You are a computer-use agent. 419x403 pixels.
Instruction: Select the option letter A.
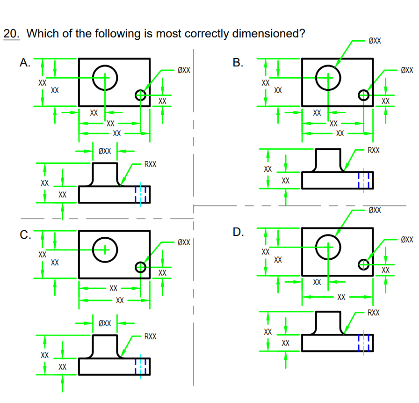coord(25,63)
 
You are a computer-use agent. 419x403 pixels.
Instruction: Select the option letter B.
coord(238,63)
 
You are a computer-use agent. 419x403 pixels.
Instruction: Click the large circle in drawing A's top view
coord(105,78)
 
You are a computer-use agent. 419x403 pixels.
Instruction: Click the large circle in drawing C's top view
coord(105,249)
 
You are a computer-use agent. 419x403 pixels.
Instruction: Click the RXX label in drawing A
coord(151,164)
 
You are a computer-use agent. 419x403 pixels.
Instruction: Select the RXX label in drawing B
coord(374,150)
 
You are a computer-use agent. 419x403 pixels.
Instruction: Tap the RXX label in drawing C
coord(151,336)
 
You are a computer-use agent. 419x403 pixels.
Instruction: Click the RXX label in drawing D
coord(374,312)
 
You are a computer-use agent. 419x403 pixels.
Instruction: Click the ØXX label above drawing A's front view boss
coord(105,151)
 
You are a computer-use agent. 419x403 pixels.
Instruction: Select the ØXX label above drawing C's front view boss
coord(105,323)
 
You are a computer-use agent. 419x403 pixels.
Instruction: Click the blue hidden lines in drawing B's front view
coord(364,180)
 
